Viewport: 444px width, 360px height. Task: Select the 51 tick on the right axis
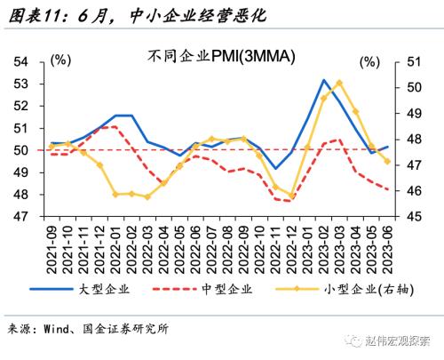click(413, 62)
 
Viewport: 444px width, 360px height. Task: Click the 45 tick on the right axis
click(413, 216)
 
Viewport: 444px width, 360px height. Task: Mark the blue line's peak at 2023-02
click(325, 80)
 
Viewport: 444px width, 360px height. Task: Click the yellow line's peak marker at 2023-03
click(340, 83)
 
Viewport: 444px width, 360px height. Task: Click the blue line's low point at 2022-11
click(275, 169)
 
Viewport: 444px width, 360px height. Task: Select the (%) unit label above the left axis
click(61, 60)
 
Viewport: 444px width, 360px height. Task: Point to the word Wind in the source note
click(57, 329)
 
